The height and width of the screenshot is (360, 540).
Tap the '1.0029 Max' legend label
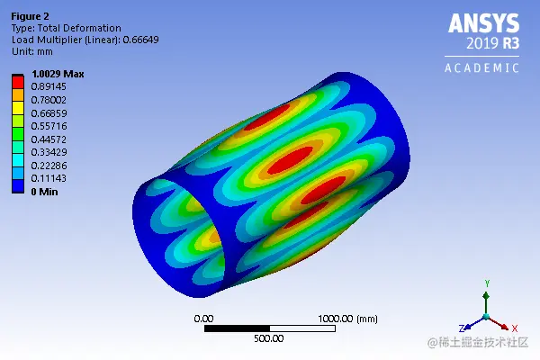[58, 75]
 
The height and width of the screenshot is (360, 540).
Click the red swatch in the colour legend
[18, 82]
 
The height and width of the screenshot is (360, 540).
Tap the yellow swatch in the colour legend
[18, 108]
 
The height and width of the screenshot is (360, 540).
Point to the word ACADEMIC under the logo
[482, 67]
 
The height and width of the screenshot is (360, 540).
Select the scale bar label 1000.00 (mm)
[347, 319]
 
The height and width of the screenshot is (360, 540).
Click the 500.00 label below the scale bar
[268, 339]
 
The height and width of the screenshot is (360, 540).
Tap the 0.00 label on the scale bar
[204, 319]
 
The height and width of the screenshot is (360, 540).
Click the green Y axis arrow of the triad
[487, 289]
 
